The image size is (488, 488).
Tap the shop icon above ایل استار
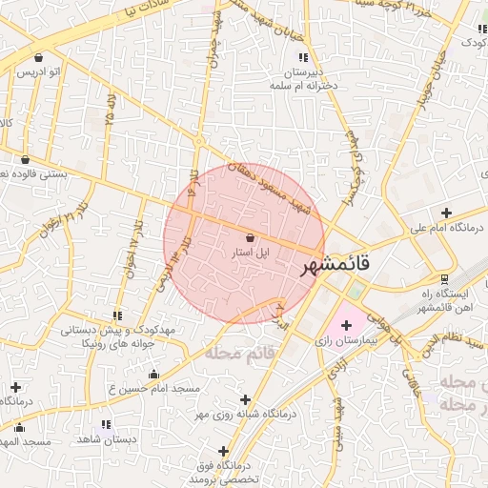pyautogui.click(x=250, y=237)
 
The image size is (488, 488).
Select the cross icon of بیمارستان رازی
pyautogui.click(x=345, y=326)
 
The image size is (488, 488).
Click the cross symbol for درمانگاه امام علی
pyautogui.click(x=446, y=212)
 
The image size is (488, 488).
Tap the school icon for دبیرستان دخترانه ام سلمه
pyautogui.click(x=303, y=56)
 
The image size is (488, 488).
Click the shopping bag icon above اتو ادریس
pyautogui.click(x=37, y=57)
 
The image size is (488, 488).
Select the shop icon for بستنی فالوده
pyautogui.click(x=24, y=159)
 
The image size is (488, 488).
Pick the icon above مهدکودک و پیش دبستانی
pyautogui.click(x=117, y=315)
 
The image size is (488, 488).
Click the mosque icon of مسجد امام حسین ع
pyautogui.click(x=153, y=375)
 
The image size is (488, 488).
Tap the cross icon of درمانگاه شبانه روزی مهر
pyautogui.click(x=247, y=399)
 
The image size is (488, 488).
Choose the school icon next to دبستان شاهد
pyautogui.click(x=105, y=424)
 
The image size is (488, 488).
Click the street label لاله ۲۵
pyautogui.click(x=112, y=110)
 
